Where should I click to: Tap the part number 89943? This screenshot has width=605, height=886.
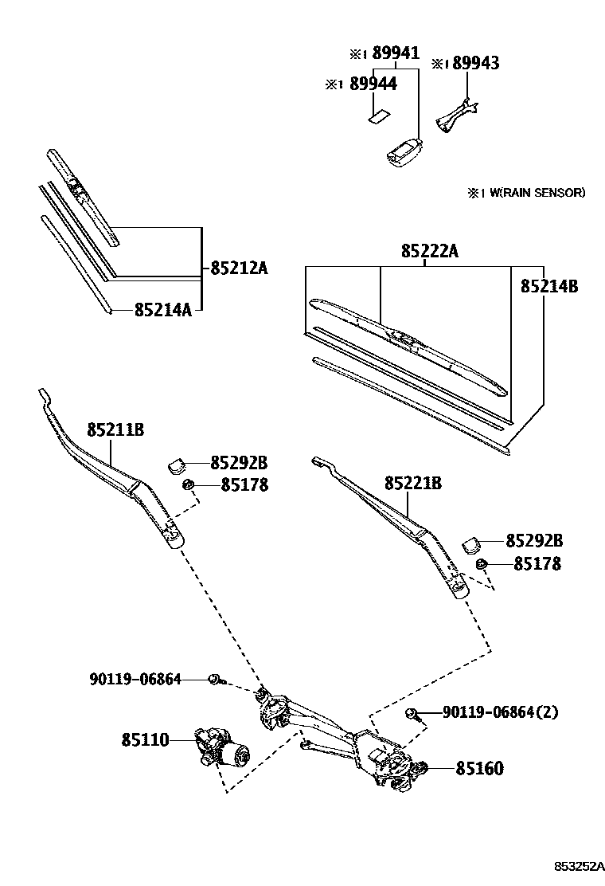475,64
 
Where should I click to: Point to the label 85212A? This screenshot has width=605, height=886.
239,269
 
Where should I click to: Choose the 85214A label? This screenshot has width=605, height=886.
162,309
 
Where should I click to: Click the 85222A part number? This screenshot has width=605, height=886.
430,251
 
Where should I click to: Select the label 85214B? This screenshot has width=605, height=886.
549,286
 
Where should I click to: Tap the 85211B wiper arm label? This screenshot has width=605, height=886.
115,429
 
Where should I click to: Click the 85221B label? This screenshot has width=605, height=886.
413,484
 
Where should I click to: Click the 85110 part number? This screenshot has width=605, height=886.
145,740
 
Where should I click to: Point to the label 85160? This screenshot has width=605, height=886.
479,769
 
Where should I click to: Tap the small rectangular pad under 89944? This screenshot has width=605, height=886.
378,116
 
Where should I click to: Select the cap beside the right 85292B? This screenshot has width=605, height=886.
472,544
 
